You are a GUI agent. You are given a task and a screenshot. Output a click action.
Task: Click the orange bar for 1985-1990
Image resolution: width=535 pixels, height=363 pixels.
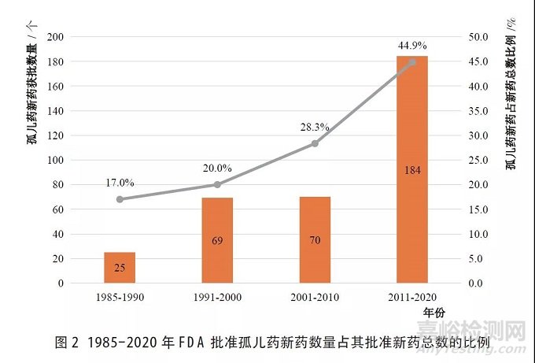120,267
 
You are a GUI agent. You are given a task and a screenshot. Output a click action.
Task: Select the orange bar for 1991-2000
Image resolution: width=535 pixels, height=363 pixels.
217,239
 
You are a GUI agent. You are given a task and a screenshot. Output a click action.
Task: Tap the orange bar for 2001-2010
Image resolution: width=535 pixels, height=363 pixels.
315,239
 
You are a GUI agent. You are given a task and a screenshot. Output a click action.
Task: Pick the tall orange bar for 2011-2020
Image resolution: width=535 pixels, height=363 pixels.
412,169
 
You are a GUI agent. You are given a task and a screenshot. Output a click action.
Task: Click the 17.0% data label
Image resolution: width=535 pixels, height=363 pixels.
120,183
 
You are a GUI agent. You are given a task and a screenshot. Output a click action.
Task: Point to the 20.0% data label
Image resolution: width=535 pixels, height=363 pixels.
217,168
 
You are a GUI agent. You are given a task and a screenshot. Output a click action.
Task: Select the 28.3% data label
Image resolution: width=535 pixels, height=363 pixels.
315,127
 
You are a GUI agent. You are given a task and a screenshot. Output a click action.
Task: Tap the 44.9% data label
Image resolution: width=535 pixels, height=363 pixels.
412,44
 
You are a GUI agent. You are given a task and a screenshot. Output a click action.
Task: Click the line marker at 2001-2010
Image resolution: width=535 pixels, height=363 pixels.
315,143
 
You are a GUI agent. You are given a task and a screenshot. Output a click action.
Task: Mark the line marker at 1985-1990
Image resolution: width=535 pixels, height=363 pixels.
120,199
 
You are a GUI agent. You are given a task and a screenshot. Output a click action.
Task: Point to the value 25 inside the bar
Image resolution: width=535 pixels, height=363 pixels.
120,269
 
